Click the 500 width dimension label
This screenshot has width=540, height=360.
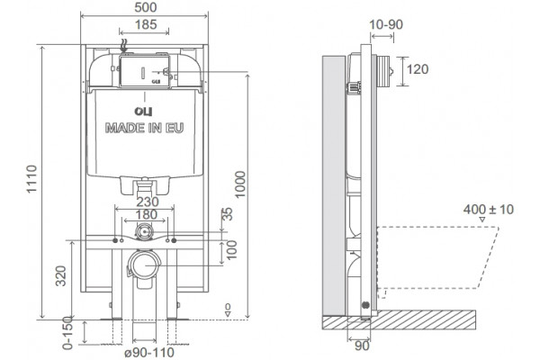(x=145, y=7)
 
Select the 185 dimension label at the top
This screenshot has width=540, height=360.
(x=145, y=24)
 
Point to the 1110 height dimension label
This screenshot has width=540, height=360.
(x=31, y=179)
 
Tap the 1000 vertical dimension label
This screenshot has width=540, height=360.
(x=240, y=184)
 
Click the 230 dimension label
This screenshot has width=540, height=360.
(x=148, y=202)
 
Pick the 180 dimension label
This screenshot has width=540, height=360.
(x=147, y=214)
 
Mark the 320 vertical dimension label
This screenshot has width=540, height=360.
(x=61, y=275)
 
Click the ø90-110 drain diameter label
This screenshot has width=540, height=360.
(x=149, y=353)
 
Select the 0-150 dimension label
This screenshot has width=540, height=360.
(x=67, y=333)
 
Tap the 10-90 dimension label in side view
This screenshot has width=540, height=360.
(x=386, y=24)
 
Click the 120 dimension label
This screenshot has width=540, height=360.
(x=418, y=69)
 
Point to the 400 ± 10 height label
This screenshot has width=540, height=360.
(x=488, y=210)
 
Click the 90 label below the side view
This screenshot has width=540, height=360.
(x=362, y=346)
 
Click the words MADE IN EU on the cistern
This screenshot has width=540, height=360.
(x=144, y=128)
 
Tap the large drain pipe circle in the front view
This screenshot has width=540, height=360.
(x=145, y=265)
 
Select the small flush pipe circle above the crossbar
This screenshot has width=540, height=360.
(x=144, y=230)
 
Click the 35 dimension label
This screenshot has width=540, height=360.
(x=228, y=214)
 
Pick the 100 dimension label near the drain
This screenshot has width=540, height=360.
(x=232, y=250)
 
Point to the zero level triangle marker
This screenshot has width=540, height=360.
(x=228, y=314)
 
